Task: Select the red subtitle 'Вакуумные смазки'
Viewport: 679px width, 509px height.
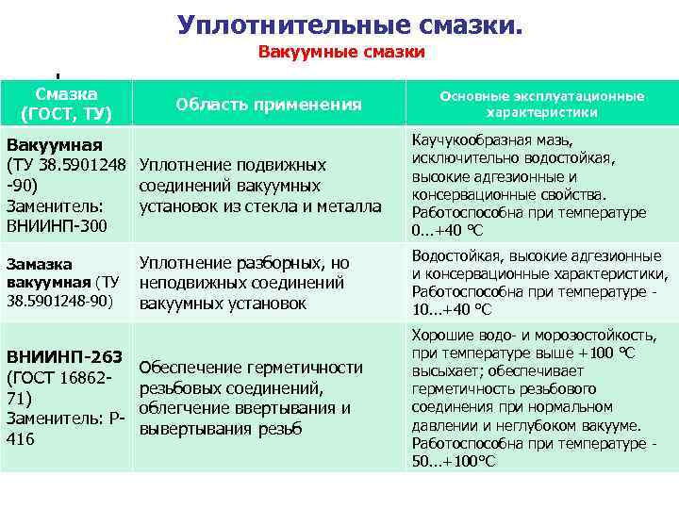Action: (x=341, y=53)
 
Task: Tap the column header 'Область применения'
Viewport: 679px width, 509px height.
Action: (x=269, y=105)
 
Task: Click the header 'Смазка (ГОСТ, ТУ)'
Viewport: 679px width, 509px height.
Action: (x=66, y=104)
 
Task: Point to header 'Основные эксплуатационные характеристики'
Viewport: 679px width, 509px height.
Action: (x=541, y=104)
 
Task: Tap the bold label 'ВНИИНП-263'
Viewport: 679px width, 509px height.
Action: (x=64, y=356)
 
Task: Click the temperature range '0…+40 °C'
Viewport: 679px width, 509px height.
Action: (x=449, y=230)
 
